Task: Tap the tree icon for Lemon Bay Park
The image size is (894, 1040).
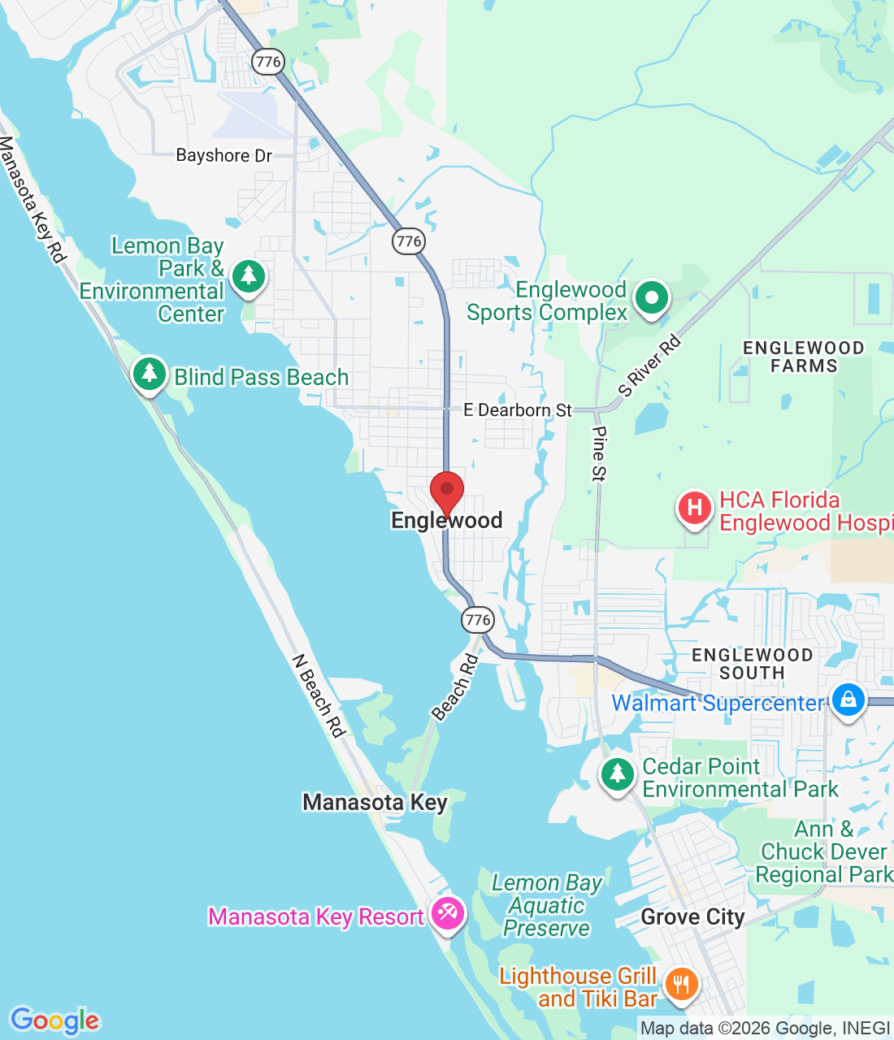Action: pos(249,276)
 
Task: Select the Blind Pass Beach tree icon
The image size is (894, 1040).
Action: pos(149,374)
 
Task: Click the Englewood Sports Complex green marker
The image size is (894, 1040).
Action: pos(651,297)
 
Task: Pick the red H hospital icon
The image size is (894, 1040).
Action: pos(694,509)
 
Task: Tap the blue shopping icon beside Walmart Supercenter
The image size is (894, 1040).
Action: pos(848,700)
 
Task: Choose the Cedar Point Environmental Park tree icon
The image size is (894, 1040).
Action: pos(618,774)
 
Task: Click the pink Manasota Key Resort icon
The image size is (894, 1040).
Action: pos(447,913)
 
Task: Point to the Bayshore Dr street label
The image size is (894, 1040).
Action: pos(223,155)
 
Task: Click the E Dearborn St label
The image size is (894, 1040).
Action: pos(518,410)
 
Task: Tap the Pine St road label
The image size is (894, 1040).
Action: pos(599,453)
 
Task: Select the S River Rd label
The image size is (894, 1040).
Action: pos(649,366)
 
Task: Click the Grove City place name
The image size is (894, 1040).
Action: pos(692,917)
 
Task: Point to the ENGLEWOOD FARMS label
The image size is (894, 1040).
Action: pos(803,357)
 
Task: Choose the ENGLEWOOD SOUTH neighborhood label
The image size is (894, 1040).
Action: pos(752,664)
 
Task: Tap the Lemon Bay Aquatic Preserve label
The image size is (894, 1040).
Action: pos(547,905)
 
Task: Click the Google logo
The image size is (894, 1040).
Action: pos(55,1020)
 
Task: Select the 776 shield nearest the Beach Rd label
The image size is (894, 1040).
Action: pos(478,620)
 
